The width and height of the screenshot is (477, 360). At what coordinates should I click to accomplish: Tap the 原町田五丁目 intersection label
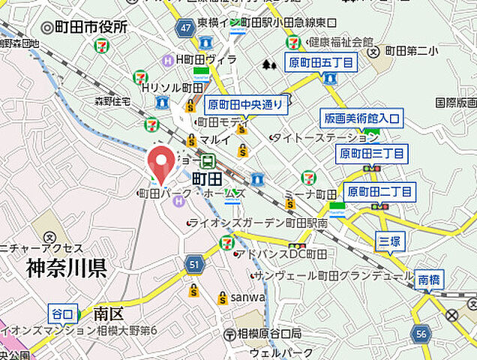click(320, 63)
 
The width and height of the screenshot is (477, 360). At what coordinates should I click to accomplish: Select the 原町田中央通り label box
click(246, 104)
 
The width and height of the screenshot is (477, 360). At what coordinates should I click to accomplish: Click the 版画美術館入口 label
click(362, 118)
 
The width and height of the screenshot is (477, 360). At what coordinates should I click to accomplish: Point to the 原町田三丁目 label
click(372, 154)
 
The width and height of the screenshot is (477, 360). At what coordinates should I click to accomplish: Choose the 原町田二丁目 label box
click(379, 192)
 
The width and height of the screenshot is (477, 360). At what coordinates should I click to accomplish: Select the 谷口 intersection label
click(62, 313)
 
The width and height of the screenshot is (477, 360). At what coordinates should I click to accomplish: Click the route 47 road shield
click(185, 28)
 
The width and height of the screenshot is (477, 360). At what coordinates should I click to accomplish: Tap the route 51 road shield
click(194, 263)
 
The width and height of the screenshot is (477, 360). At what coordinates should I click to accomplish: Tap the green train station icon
click(208, 160)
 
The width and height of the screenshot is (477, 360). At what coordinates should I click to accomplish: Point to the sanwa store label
click(248, 298)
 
